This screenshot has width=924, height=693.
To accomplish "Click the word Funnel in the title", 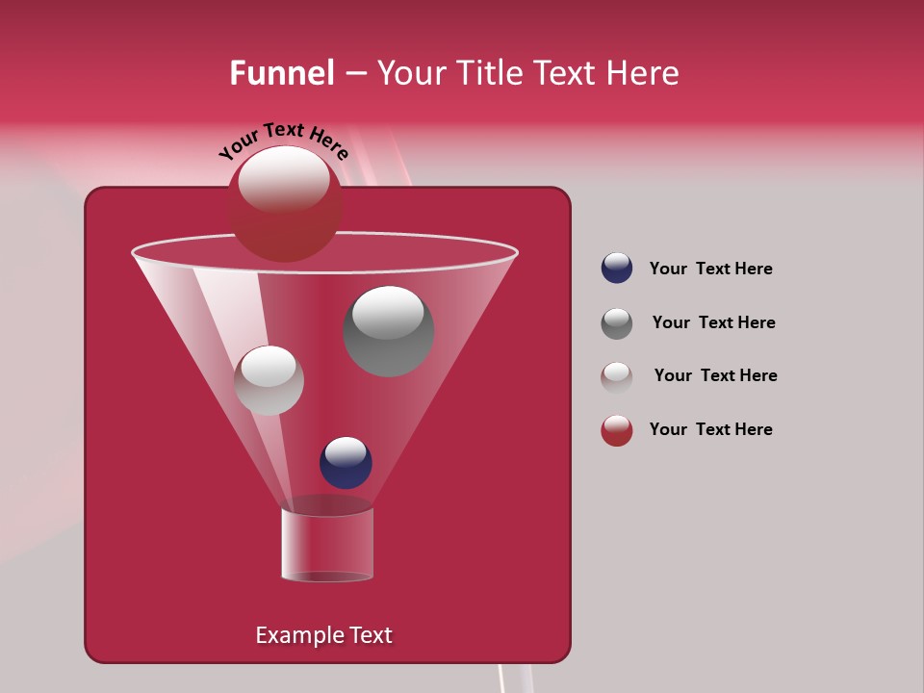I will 281,73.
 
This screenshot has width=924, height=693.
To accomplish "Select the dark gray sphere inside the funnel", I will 388,332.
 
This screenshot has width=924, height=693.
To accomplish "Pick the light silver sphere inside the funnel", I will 269,381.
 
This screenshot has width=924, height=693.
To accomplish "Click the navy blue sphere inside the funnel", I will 346,463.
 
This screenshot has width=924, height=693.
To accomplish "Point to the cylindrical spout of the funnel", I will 327,545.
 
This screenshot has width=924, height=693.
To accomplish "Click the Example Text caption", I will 323,635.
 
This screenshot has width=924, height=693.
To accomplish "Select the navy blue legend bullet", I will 617,269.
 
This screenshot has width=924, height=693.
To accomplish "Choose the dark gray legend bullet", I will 617,323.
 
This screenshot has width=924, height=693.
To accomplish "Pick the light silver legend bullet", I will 617,376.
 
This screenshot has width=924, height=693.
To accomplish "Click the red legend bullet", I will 617,430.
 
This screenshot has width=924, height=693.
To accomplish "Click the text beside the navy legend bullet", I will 710,269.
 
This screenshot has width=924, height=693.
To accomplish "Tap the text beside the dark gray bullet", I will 713,322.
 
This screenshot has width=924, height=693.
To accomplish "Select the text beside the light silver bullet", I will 715,375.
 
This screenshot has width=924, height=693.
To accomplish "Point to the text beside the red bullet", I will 710,429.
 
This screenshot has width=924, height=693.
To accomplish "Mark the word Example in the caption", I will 297,635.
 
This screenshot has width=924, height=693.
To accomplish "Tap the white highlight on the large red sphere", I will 284,179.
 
